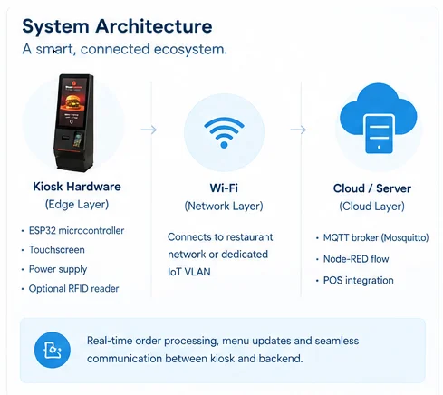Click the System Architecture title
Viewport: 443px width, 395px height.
click(117, 26)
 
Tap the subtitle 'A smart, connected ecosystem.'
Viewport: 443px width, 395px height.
click(124, 49)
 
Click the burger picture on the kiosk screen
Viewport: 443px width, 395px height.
click(72, 101)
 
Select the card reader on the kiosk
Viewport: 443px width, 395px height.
click(78, 140)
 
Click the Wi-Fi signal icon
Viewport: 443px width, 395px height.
click(224, 132)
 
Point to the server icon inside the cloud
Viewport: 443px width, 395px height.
click(379, 134)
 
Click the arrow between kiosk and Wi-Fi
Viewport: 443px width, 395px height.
click(149, 130)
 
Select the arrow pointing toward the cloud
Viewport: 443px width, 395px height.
click(298, 130)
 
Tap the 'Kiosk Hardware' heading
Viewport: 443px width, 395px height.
click(77, 187)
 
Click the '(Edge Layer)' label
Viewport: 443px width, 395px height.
click(77, 205)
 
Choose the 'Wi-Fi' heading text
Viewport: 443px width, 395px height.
click(224, 188)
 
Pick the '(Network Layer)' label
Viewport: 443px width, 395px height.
click(224, 207)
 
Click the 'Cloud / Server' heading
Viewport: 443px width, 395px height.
click(372, 188)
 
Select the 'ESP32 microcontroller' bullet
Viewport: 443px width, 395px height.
click(76, 231)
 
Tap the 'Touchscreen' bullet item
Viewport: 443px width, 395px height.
click(57, 250)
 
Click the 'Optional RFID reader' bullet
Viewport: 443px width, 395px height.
click(73, 289)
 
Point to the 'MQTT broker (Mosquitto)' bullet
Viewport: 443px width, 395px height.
click(376, 237)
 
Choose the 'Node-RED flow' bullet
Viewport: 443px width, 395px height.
click(356, 259)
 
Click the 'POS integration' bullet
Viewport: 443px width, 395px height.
click(359, 280)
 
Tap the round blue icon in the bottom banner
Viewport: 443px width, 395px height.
click(53, 350)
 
